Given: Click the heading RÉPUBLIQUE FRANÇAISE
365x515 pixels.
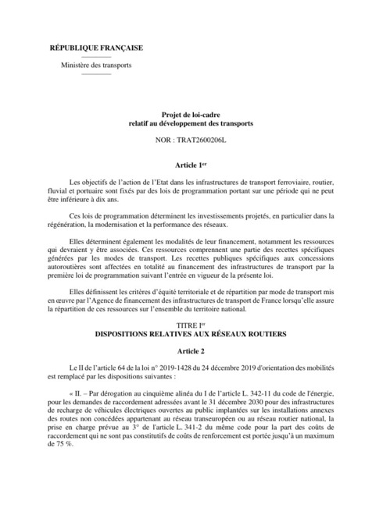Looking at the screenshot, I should pyautogui.click(x=96, y=48).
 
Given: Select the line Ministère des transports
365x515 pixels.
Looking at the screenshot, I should pyautogui.click(x=96, y=65).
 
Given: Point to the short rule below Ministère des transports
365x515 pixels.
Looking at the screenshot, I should pyautogui.click(x=96, y=74).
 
